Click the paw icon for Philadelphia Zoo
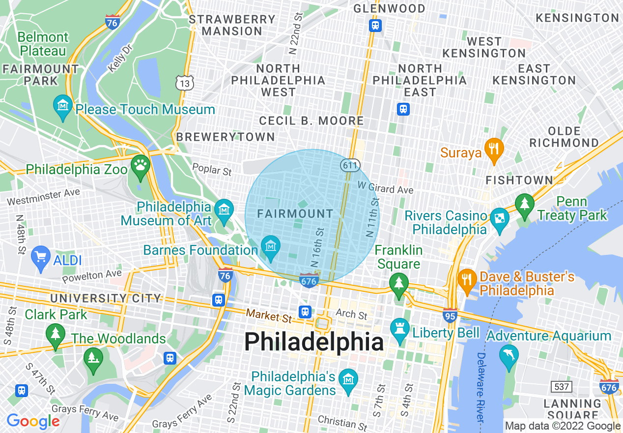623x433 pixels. tap(141, 165)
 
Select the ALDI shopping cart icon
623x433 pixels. tap(40, 256)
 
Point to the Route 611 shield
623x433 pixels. tap(350, 165)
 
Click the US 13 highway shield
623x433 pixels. tap(185, 83)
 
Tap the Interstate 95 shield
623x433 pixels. tap(450, 315)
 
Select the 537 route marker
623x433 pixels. tap(561, 387)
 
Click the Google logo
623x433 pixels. tap(33, 421)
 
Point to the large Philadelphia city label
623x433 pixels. tap(314, 342)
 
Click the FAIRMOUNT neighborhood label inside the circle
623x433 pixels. tap(295, 214)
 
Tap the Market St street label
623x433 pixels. tap(269, 315)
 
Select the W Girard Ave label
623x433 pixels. tap(385, 188)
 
